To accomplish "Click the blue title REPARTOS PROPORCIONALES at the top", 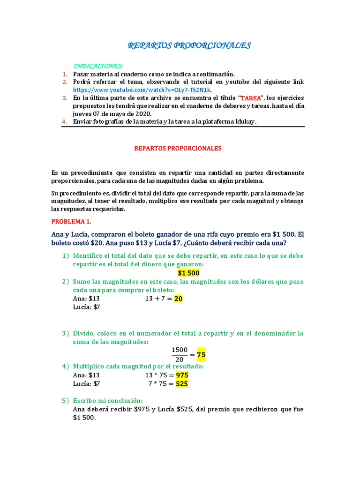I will [x=189, y=45].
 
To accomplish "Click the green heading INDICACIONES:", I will [x=98, y=66].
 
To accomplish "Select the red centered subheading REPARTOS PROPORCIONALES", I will [x=178, y=148].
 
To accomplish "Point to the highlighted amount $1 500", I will [x=189, y=273].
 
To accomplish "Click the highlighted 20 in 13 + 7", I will [x=178, y=299].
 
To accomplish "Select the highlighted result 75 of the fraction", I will [x=201, y=355].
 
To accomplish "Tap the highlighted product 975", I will [x=182, y=375].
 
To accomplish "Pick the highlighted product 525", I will [x=182, y=384].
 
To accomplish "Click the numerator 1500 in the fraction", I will [x=180, y=350].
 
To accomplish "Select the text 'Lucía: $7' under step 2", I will [x=87, y=307].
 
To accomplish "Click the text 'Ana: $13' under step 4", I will [x=87, y=375].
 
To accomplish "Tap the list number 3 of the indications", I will [x=65, y=98].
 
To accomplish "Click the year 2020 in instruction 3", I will [x=143, y=113].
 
